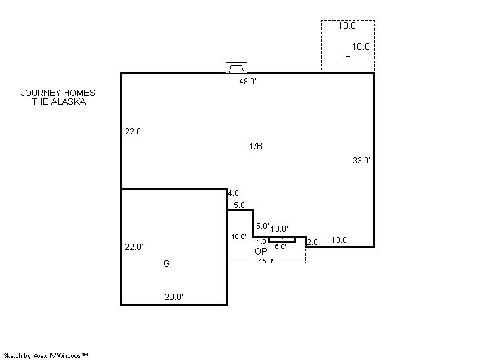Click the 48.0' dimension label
click(x=247, y=82)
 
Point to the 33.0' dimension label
click(x=361, y=161)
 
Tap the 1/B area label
click(x=256, y=146)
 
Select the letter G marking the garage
click(x=167, y=263)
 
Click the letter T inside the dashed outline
click(x=348, y=59)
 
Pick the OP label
click(x=261, y=251)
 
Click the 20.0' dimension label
click(x=174, y=297)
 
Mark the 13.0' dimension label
click(x=340, y=240)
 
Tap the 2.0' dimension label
click(x=313, y=242)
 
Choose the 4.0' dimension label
click(x=234, y=193)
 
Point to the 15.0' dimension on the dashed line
click(x=267, y=261)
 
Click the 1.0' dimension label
click(x=262, y=242)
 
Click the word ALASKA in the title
click(x=68, y=101)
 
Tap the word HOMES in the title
click(x=79, y=93)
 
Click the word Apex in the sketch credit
click(x=40, y=356)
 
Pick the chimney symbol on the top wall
click(x=236, y=68)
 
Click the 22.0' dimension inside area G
click(x=134, y=247)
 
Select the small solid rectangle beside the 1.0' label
click(x=282, y=239)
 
